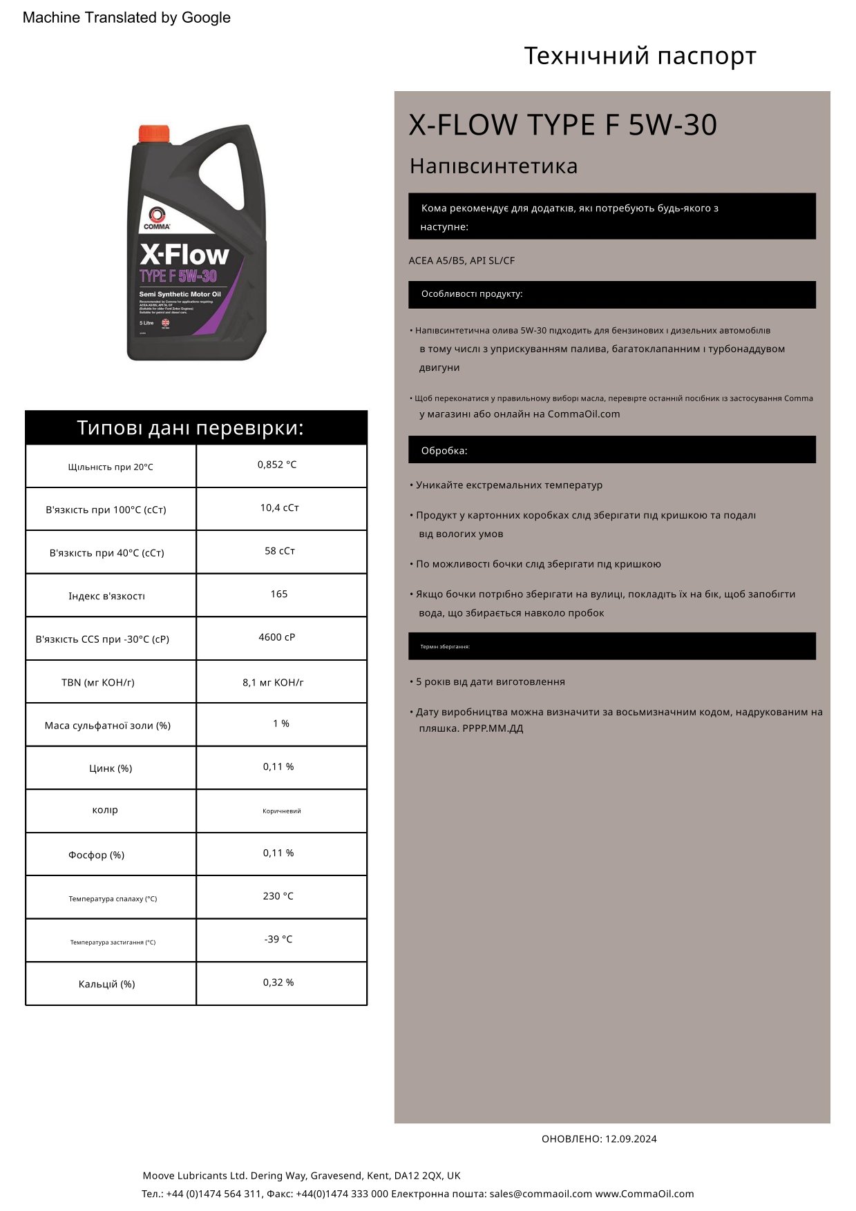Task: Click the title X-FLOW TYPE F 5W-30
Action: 562,125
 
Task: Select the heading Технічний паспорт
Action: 640,56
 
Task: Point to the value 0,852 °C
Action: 277,465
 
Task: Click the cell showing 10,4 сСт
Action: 280,508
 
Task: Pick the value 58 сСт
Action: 280,551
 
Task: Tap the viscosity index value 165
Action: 279,594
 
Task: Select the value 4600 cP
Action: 277,637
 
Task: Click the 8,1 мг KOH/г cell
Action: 274,683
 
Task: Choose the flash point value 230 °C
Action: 278,896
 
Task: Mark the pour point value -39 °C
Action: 278,940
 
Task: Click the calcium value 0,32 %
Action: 278,982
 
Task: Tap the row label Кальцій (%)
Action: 107,984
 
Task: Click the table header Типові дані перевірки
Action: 191,428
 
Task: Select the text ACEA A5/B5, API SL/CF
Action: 462,261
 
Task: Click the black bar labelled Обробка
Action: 611,450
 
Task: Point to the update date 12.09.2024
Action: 631,1139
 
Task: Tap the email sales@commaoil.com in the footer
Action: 541,1194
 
